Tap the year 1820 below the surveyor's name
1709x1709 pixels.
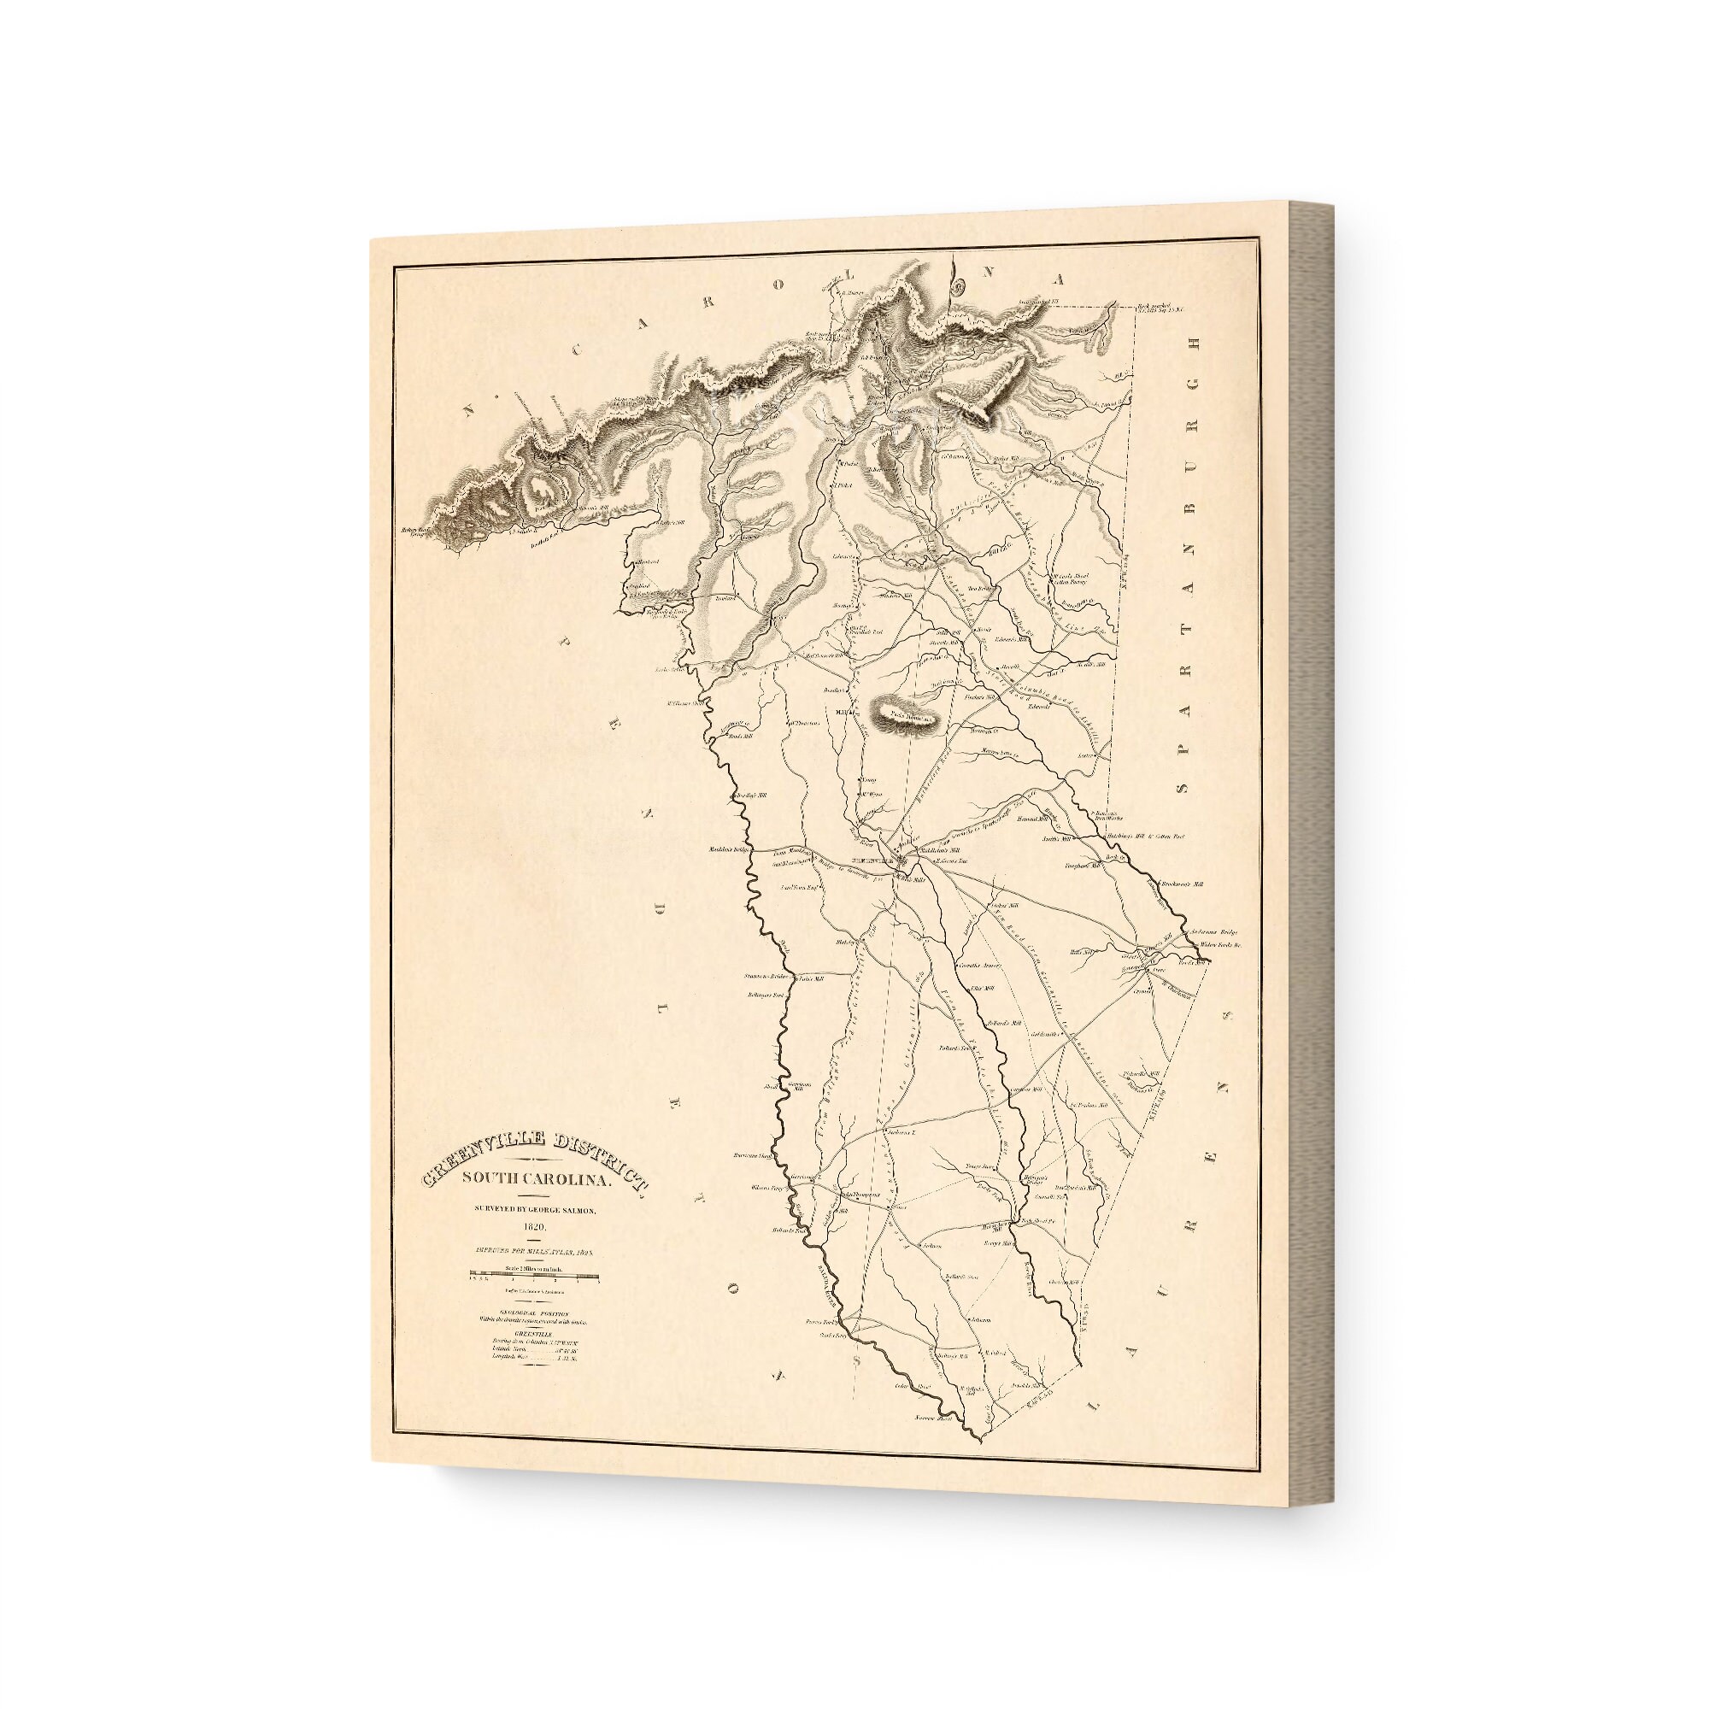coord(535,1228)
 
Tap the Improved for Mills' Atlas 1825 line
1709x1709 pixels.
coord(535,1252)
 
